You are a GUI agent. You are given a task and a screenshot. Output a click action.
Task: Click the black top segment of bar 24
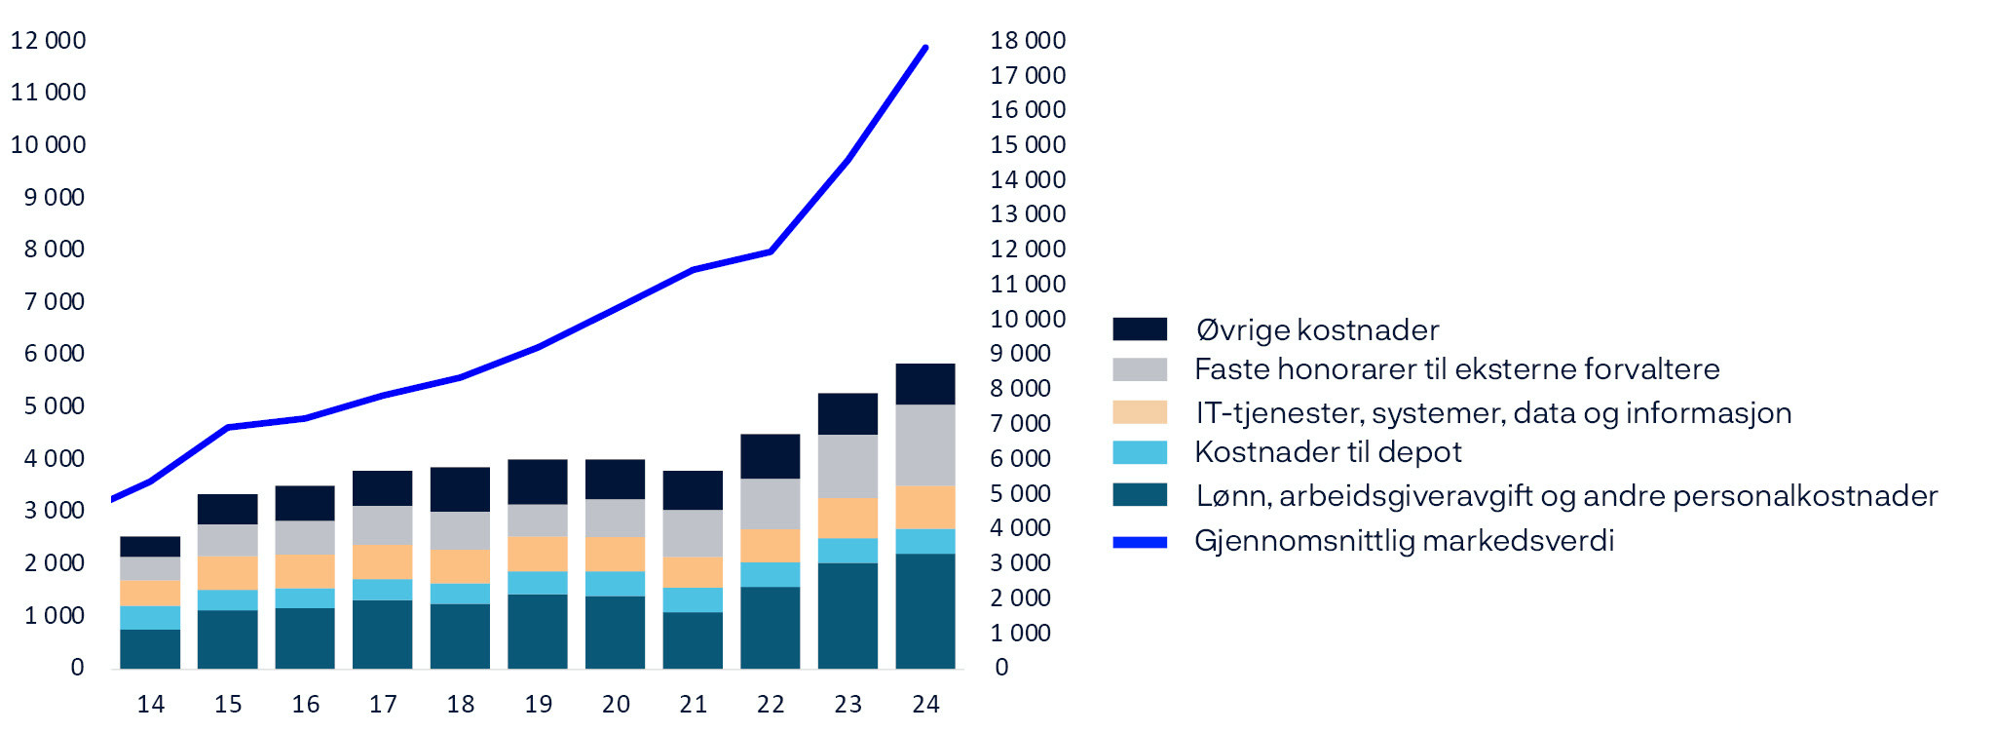[924, 383]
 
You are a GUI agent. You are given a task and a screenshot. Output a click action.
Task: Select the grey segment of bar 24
[924, 444]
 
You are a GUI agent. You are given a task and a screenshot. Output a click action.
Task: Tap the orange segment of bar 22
[770, 546]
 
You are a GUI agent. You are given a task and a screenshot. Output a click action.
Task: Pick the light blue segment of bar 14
[150, 617]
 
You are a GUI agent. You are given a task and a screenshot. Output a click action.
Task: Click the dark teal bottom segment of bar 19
[537, 631]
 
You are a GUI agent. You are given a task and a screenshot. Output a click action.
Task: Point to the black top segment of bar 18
[460, 489]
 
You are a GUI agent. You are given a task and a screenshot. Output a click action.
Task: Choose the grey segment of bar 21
[693, 533]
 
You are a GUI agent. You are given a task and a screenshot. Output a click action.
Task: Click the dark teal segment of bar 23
[847, 615]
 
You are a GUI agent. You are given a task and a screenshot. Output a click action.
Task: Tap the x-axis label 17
[383, 704]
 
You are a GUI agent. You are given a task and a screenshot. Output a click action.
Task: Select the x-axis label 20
[616, 704]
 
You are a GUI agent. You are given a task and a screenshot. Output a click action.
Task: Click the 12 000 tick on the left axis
[48, 40]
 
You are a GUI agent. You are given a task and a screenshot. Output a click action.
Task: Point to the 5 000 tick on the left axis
[55, 405]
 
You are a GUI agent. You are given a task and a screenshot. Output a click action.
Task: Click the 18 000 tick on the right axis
[1028, 40]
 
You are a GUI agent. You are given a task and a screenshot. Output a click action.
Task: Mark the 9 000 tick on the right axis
[1020, 353]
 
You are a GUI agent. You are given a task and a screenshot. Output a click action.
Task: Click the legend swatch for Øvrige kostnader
[1140, 328]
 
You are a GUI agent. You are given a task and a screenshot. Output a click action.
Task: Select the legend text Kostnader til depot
[1328, 452]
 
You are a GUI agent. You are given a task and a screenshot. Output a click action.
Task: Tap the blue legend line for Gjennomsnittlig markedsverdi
[1140, 542]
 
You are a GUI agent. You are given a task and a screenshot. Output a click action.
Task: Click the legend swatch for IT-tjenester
[1140, 411]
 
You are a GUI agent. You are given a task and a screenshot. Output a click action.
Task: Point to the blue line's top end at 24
[924, 48]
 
